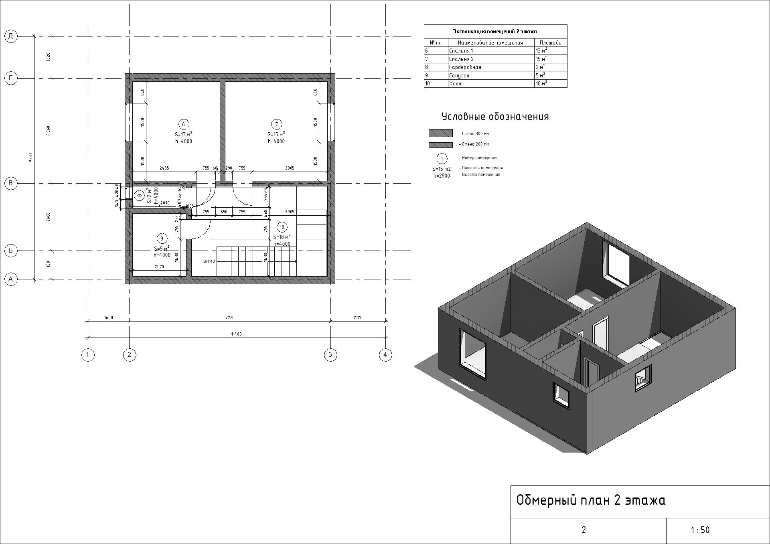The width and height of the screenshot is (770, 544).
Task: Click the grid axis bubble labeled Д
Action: pyautogui.click(x=11, y=36)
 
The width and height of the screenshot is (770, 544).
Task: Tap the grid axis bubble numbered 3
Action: pyautogui.click(x=330, y=354)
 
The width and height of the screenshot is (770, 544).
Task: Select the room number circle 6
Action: pyautogui.click(x=184, y=124)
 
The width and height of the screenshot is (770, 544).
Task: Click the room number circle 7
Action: pyautogui.click(x=276, y=124)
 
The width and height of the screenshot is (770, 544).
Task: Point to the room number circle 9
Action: pyautogui.click(x=162, y=239)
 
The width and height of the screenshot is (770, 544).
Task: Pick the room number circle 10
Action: pyautogui.click(x=282, y=228)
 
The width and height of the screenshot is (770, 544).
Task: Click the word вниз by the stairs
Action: pyautogui.click(x=209, y=261)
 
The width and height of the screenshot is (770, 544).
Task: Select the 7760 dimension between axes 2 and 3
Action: pyautogui.click(x=230, y=318)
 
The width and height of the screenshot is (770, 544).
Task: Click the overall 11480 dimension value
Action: pyautogui.click(x=237, y=334)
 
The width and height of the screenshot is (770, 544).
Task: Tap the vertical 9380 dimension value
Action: pyautogui.click(x=31, y=158)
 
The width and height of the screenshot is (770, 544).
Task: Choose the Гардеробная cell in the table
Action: pyautogui.click(x=465, y=67)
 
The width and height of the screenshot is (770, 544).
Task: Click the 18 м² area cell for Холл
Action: pyautogui.click(x=541, y=83)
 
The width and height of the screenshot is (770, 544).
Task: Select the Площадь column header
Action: pyautogui.click(x=550, y=42)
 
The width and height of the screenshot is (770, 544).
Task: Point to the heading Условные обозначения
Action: pyautogui.click(x=495, y=117)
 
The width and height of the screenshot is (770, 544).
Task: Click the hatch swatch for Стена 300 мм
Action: pyautogui.click(x=440, y=133)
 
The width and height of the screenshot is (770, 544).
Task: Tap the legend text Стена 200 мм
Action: pyautogui.click(x=475, y=144)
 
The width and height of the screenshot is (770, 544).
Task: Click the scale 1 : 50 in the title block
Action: pyautogui.click(x=700, y=530)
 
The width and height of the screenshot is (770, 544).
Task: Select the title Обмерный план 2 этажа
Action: pyautogui.click(x=591, y=500)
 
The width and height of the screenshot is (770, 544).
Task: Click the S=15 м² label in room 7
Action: pyautogui.click(x=276, y=134)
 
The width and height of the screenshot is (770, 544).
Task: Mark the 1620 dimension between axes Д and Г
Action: pyautogui.click(x=49, y=57)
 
